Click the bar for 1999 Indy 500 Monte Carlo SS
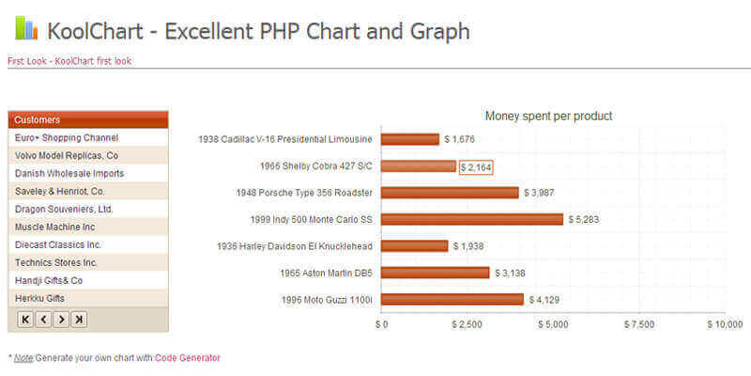pos(472,219)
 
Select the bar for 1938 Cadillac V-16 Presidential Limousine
pos(410,139)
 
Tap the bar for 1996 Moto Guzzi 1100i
pos(452,300)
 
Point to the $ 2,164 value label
pos(476,166)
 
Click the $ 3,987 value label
pos(544,193)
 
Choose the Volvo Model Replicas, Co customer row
pos(67,155)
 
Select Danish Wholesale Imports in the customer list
pos(69,173)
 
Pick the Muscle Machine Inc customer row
pos(55,227)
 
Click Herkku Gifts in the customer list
pos(40,298)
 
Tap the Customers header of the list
pos(38,119)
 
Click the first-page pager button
pos(25,320)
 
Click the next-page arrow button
pos(61,320)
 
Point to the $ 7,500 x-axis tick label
pos(639,324)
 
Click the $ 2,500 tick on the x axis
pos(467,324)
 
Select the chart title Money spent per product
pos(548,116)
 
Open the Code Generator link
pos(188,357)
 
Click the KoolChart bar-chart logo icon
pos(26,28)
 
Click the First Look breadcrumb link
pos(27,61)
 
